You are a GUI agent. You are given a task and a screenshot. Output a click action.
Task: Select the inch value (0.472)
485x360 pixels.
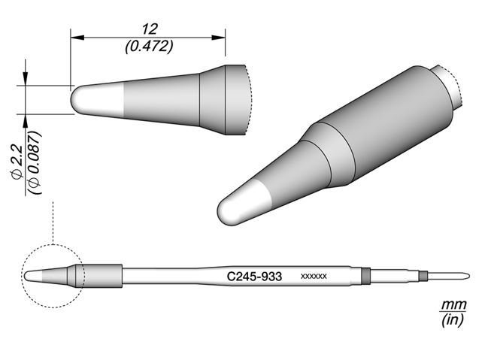(x=148, y=46)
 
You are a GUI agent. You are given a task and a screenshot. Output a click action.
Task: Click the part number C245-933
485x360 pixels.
(x=254, y=277)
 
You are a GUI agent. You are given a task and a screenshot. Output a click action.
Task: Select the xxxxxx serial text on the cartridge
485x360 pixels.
(x=313, y=277)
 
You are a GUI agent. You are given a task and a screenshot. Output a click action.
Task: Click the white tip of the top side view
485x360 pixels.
(x=93, y=100)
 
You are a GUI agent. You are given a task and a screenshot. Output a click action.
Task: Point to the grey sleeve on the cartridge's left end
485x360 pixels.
(x=102, y=275)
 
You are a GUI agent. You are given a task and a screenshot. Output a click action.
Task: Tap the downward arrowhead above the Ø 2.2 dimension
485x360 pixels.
(x=26, y=80)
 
